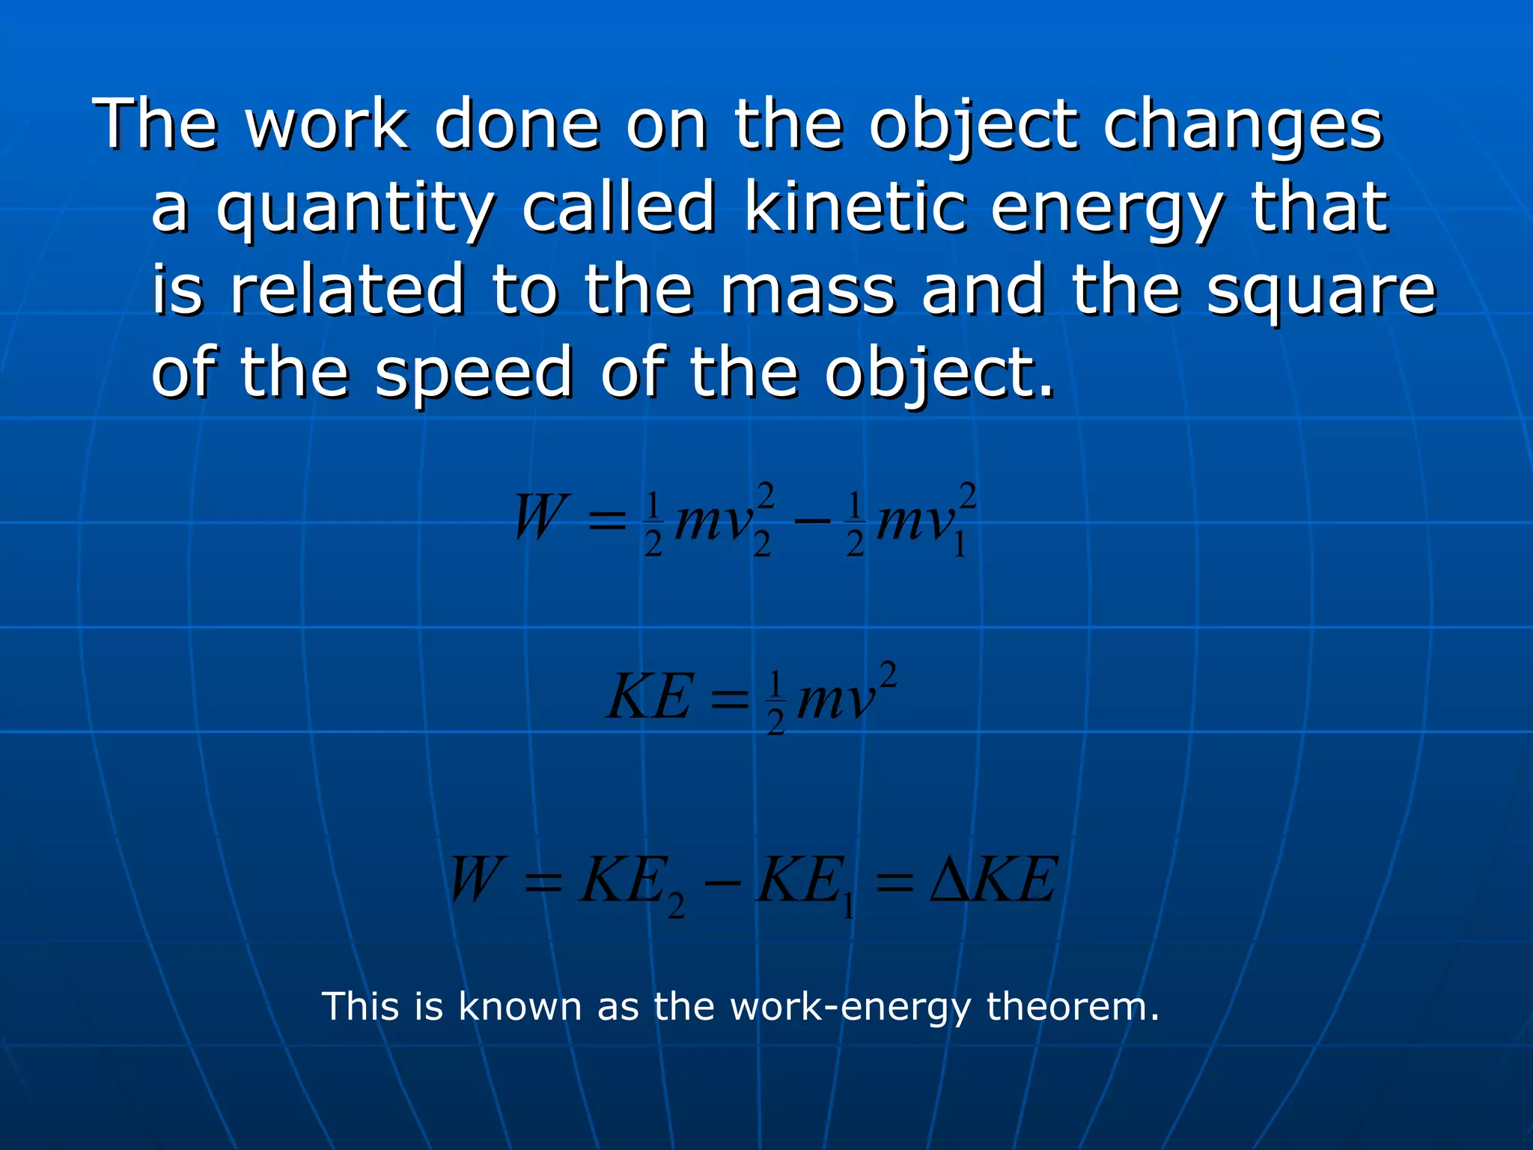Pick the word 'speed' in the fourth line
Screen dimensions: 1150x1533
(x=473, y=374)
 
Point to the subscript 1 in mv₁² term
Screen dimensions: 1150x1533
(x=960, y=547)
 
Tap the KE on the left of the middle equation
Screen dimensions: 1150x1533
(x=649, y=697)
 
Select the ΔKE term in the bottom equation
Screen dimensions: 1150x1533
(x=993, y=880)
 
